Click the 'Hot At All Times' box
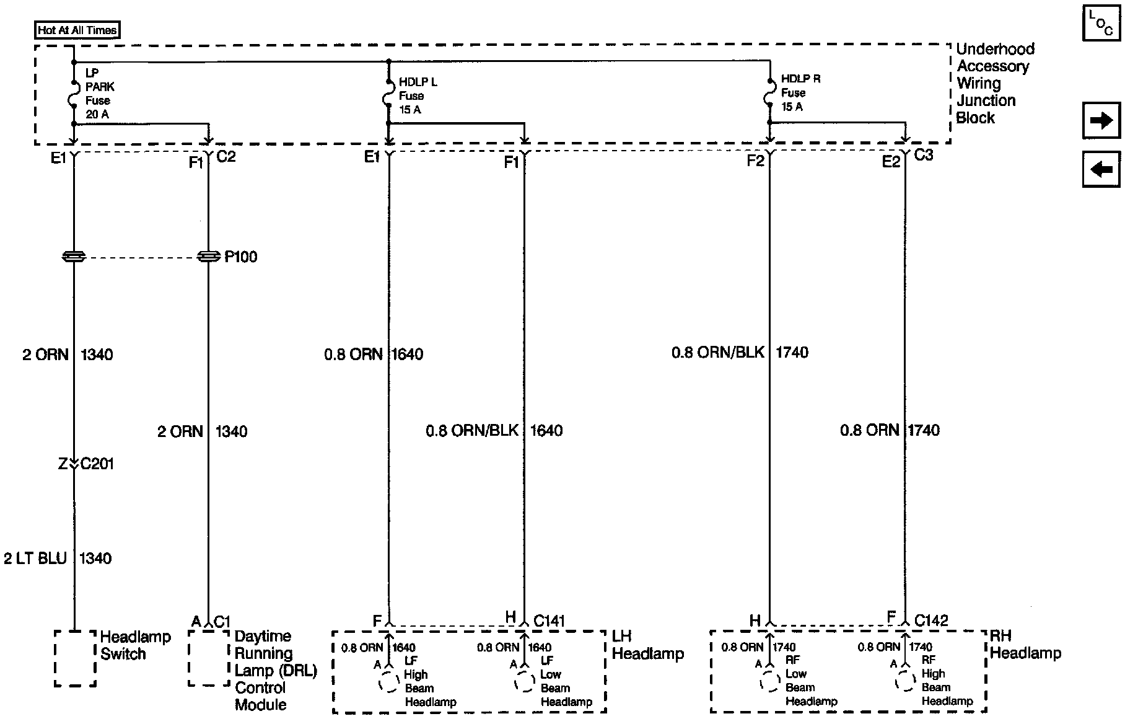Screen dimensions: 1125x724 pos(77,30)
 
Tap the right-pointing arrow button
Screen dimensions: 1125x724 pos(1101,120)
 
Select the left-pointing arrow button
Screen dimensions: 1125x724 pos(1101,169)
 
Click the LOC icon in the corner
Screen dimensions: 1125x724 pos(1101,24)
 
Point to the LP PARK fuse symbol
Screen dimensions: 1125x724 pos(73,99)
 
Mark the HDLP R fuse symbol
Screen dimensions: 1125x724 pos(769,93)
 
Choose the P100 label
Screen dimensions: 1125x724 pos(240,257)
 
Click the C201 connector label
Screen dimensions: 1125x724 pos(97,464)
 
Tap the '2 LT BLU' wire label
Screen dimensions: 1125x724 pos(35,558)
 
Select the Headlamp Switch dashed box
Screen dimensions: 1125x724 pos(75,658)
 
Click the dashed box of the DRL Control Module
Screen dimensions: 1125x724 pos(209,658)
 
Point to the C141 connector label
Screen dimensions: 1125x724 pos(549,620)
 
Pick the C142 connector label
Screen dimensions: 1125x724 pos(931,620)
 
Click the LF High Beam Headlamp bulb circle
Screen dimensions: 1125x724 pos(388,681)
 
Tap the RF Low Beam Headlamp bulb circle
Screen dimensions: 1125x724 pos(769,681)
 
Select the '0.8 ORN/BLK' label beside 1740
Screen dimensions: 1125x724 pos(718,353)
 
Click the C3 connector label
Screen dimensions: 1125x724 pos(923,155)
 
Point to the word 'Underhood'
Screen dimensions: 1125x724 pos(995,49)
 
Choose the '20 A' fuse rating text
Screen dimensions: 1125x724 pos(97,114)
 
